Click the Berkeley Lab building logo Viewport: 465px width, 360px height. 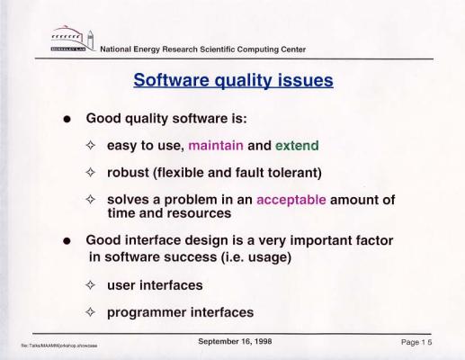(x=73, y=39)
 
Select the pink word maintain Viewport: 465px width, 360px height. (x=216, y=146)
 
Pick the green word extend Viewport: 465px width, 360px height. (x=297, y=146)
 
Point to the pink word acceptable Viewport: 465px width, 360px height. (x=291, y=200)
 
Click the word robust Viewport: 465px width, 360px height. (x=128, y=173)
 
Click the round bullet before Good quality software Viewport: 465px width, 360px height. (x=67, y=119)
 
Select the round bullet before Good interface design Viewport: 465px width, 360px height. (x=67, y=241)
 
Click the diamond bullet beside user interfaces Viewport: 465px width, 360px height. (x=90, y=285)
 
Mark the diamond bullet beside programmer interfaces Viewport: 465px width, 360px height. (x=90, y=312)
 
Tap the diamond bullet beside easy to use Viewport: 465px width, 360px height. (x=90, y=145)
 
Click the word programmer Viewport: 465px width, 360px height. (x=147, y=312)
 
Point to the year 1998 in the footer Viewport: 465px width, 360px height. (x=264, y=341)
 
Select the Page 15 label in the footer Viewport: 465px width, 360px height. (x=416, y=342)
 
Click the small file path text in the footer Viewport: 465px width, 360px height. (x=59, y=346)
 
